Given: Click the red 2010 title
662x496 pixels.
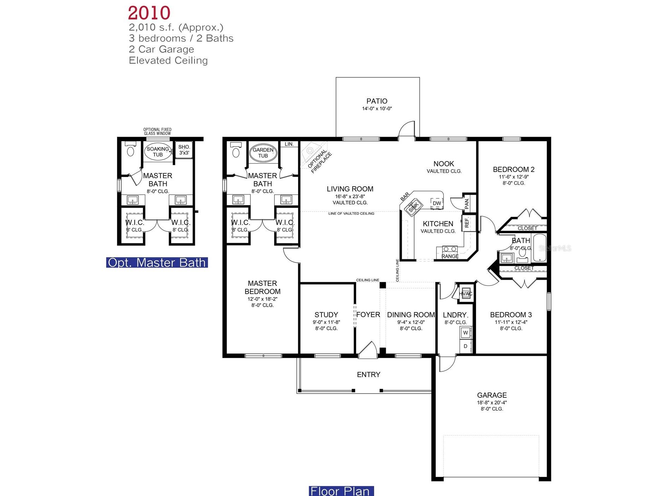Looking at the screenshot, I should (149, 13).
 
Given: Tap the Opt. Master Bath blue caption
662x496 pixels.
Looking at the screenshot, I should (157, 262).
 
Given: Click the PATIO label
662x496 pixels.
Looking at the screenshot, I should (377, 101).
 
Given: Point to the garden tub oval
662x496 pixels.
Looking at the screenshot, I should (263, 153).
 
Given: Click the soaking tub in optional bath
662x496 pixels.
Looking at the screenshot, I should (158, 152).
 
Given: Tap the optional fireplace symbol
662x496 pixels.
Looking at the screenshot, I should (310, 151).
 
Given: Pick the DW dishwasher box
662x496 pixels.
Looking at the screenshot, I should (437, 203).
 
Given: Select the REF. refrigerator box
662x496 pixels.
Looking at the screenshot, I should (467, 223).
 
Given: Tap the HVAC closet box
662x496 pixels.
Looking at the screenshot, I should (465, 294).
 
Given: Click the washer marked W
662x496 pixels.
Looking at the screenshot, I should (465, 333).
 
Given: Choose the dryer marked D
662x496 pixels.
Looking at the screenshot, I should (465, 346).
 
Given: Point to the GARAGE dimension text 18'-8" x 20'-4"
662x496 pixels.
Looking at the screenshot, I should (492, 402).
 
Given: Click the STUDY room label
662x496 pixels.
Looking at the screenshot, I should (326, 314).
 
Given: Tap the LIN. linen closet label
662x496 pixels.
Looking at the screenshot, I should (289, 144).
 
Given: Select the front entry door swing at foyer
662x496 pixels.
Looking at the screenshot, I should (368, 350).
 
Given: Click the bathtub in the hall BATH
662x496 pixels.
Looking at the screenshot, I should (539, 248).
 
